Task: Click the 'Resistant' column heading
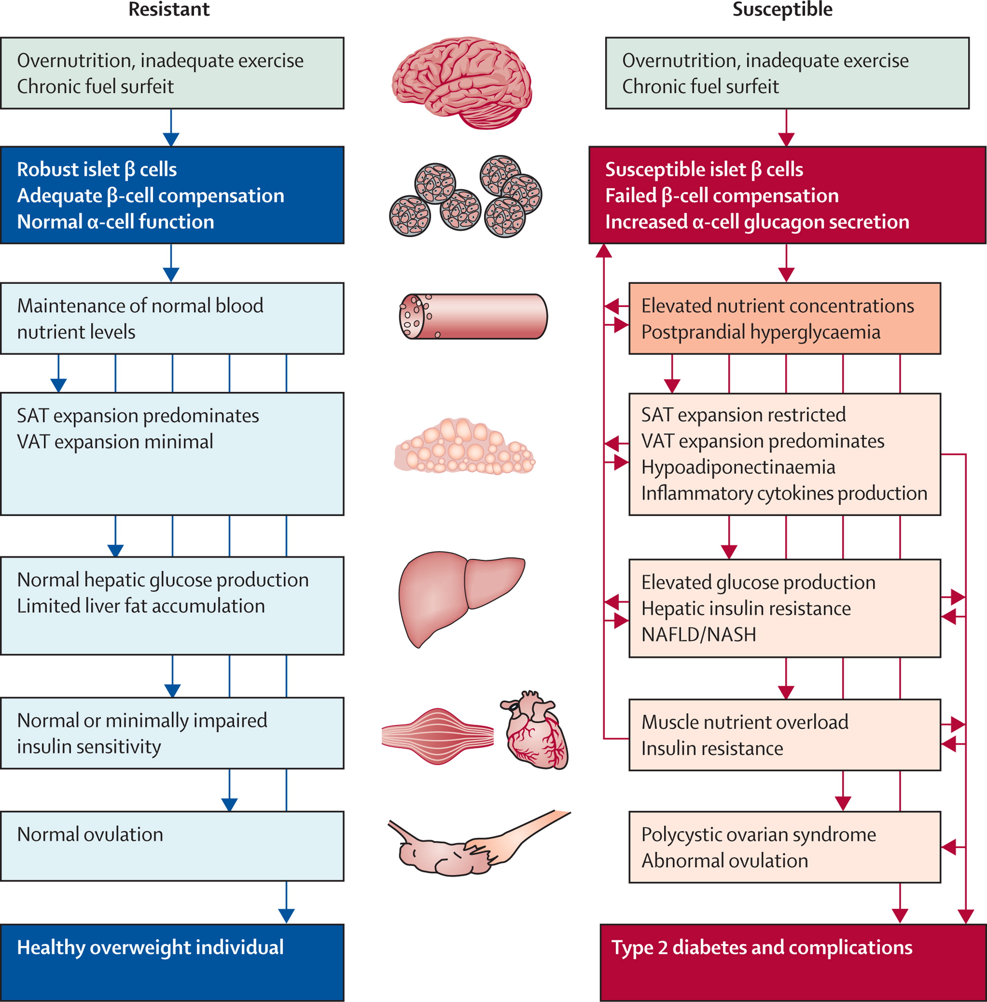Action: pos(169,9)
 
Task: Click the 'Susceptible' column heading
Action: pos(782,9)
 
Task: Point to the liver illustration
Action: pos(456,596)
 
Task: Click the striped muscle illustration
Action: pos(437,736)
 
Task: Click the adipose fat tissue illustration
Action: pos(464,447)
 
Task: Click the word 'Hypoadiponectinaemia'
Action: pos(738,467)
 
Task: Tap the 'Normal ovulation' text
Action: pos(90,834)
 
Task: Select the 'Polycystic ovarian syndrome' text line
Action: pos(758,834)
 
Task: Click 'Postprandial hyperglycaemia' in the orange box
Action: pos(761,332)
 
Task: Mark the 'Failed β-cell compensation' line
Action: pos(722,196)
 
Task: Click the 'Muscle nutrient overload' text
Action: pos(744,722)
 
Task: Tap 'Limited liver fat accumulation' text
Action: pos(141,605)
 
